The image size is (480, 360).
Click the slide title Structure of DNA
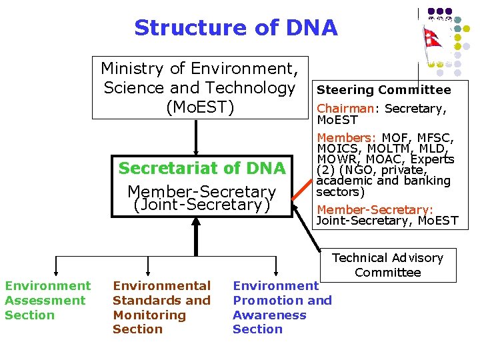tap(235, 28)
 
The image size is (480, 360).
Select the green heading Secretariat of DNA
tap(201, 168)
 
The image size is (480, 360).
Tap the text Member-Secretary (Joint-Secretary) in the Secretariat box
tap(201, 198)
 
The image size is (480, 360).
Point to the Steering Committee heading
tap(383, 90)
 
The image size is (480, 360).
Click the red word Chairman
tap(345, 109)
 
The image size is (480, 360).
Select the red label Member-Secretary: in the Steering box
tap(374, 209)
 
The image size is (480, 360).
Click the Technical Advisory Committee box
tap(387, 265)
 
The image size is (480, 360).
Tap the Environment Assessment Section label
tap(47, 300)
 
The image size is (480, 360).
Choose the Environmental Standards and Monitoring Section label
tap(161, 307)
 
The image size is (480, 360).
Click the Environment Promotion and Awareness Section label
tap(281, 307)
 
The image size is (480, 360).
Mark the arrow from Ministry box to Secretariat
tap(196, 137)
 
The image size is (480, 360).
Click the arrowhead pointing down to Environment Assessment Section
tap(57, 272)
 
